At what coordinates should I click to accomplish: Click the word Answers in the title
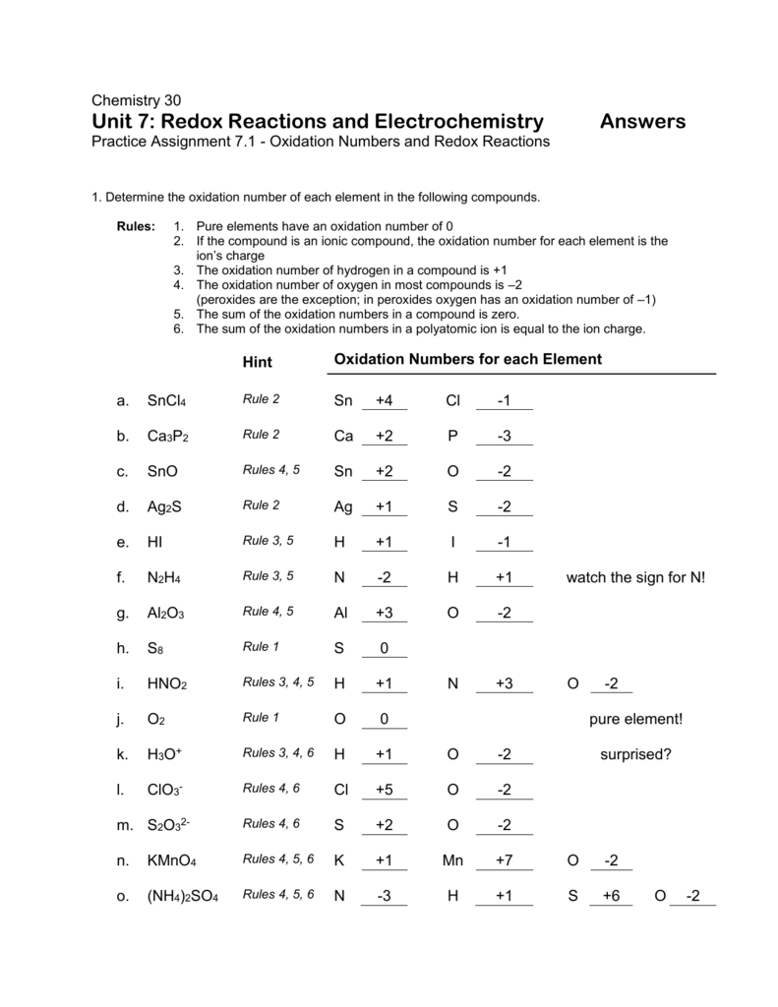pos(642,121)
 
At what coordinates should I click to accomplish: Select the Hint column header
pos(257,362)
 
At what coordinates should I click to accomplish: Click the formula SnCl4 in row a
pos(166,401)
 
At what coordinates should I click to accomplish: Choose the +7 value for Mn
pos(505,860)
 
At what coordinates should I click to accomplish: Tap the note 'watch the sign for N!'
pos(635,577)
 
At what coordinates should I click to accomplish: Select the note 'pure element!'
pos(634,719)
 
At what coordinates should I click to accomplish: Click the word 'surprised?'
pos(635,754)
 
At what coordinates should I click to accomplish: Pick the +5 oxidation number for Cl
pos(384,790)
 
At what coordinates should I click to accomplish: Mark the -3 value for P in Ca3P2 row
pos(504,436)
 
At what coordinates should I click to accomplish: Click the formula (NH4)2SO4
pos(182,897)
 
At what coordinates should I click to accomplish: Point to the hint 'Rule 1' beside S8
pos(262,646)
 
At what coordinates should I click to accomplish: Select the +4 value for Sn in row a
pos(384,400)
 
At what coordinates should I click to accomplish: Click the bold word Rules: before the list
pos(136,225)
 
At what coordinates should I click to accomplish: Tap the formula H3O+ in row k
pos(165,755)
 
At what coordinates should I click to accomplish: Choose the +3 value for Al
pos(384,613)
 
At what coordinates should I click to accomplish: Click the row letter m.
pos(123,825)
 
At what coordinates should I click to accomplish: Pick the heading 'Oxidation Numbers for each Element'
pos(467,359)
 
